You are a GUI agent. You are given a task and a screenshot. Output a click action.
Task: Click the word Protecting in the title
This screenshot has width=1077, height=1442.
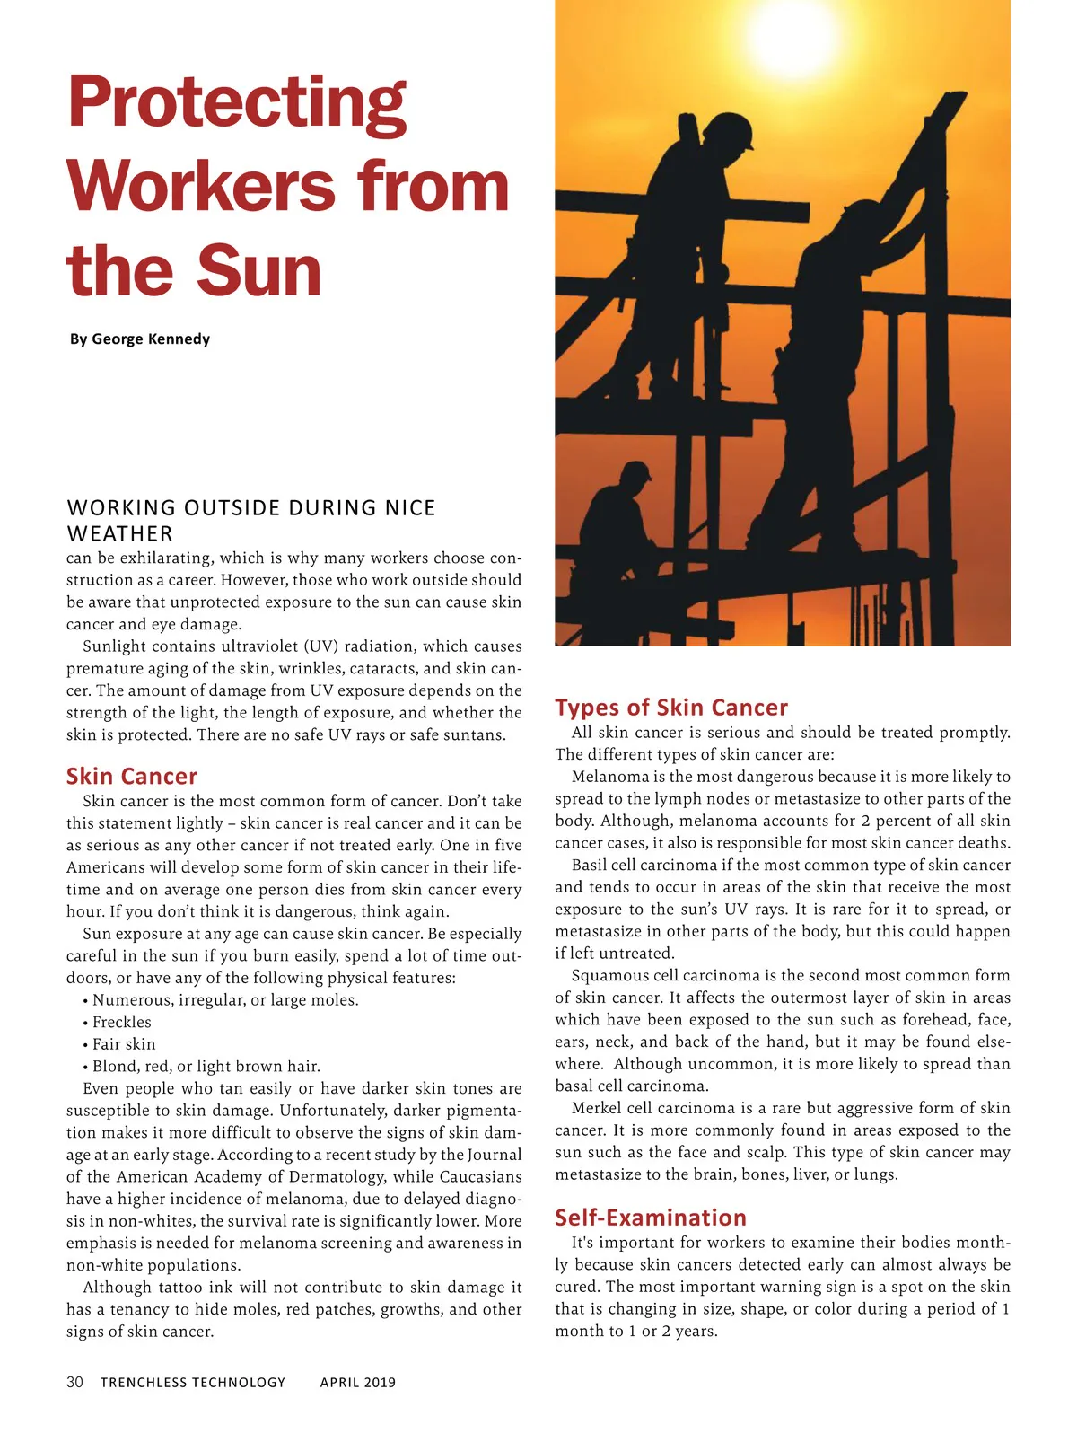pyautogui.click(x=237, y=103)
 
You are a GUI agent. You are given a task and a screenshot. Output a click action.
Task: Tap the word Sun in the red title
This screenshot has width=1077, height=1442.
pyautogui.click(x=258, y=271)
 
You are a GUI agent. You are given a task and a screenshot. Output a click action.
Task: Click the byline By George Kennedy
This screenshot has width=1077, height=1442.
pyautogui.click(x=140, y=339)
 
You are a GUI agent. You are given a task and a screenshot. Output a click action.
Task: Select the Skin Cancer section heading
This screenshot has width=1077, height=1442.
pyautogui.click(x=131, y=777)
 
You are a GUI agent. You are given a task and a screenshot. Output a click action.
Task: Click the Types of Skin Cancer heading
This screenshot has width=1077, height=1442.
pyautogui.click(x=671, y=708)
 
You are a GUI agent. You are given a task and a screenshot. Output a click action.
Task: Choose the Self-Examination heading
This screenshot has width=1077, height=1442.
pyautogui.click(x=651, y=1218)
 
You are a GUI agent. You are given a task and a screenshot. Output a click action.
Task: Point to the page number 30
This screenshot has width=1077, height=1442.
pyautogui.click(x=74, y=1382)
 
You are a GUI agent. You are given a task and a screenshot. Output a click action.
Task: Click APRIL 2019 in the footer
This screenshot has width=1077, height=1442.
pyautogui.click(x=357, y=1382)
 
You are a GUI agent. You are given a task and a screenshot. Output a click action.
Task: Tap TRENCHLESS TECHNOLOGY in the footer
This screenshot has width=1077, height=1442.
pyautogui.click(x=193, y=1382)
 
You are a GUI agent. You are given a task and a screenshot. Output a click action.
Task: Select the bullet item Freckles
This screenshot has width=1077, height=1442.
pyautogui.click(x=122, y=1022)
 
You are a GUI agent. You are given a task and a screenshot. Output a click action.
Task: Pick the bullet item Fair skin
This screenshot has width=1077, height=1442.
pyautogui.click(x=124, y=1044)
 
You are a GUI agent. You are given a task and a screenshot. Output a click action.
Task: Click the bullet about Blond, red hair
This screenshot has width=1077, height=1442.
pyautogui.click(x=206, y=1066)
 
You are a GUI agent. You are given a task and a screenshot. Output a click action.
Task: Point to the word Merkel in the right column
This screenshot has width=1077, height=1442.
pyautogui.click(x=595, y=1108)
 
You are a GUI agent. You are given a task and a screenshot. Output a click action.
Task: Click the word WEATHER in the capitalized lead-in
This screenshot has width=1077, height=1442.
pyautogui.click(x=119, y=533)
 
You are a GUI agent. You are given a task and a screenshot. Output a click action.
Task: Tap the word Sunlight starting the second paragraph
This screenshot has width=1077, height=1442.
pyautogui.click(x=114, y=646)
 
